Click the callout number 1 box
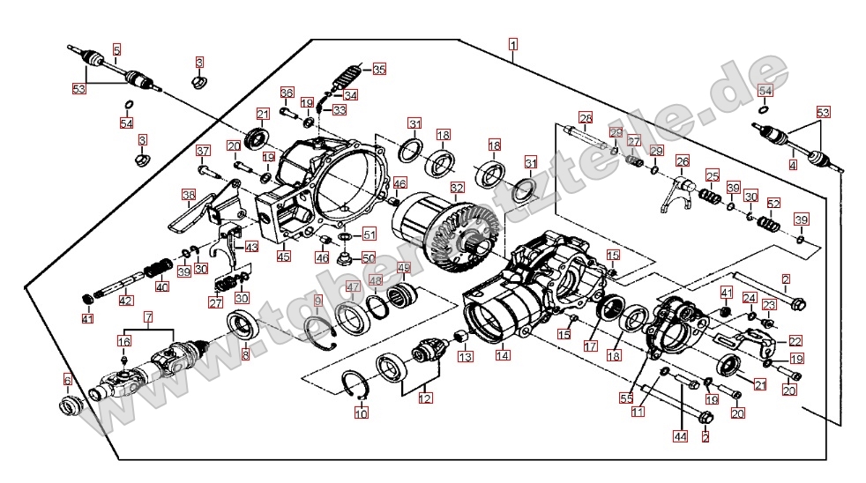pyautogui.click(x=513, y=42)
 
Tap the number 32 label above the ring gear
pyautogui.click(x=456, y=188)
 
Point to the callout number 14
pyautogui.click(x=502, y=356)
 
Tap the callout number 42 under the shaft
pyautogui.click(x=126, y=301)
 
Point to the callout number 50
pyautogui.click(x=369, y=257)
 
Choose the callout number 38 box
pyautogui.click(x=188, y=195)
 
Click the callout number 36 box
pyautogui.click(x=286, y=93)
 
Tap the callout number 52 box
pyautogui.click(x=773, y=203)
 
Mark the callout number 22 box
pyautogui.click(x=795, y=340)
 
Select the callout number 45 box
pyautogui.click(x=283, y=256)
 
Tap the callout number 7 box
pyautogui.click(x=148, y=316)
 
